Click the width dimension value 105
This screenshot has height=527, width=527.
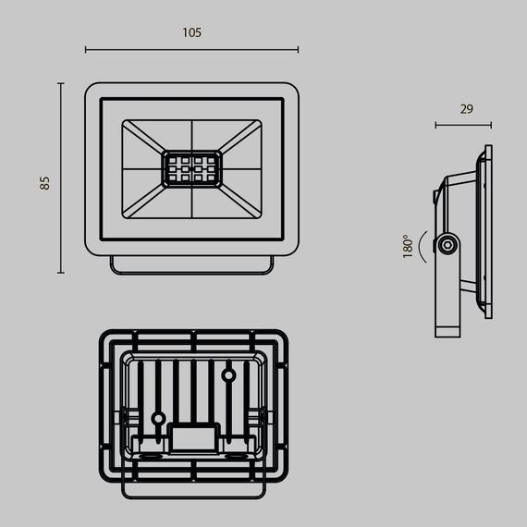(191, 32)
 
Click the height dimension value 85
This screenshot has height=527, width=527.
(44, 182)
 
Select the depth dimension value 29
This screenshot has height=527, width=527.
(466, 109)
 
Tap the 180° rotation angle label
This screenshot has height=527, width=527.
(407, 246)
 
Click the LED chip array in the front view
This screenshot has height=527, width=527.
(191, 169)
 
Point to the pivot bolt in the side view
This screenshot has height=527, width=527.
(448, 244)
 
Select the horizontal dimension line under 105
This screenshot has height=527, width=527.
(191, 50)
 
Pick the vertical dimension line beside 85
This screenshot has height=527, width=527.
(61, 178)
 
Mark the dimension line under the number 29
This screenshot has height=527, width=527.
(463, 125)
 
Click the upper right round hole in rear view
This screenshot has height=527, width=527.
(227, 375)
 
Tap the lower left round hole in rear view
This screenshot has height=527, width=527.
(158, 419)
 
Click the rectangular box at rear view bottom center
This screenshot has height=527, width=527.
(193, 435)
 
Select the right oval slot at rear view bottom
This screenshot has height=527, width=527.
(237, 457)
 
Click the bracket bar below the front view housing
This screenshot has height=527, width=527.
(191, 264)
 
